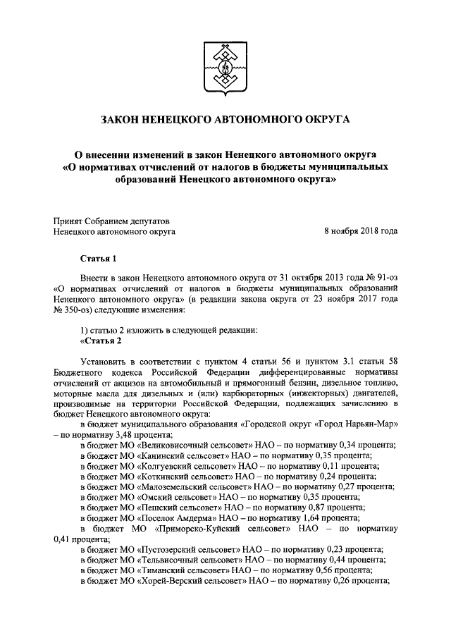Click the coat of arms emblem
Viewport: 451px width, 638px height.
(x=225, y=67)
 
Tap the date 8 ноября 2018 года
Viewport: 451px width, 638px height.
(x=360, y=231)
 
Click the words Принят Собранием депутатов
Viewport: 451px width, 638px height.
(x=111, y=220)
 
